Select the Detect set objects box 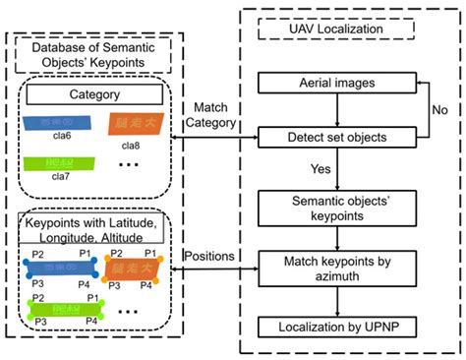[x=336, y=139]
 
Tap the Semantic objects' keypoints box [x=336, y=208]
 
